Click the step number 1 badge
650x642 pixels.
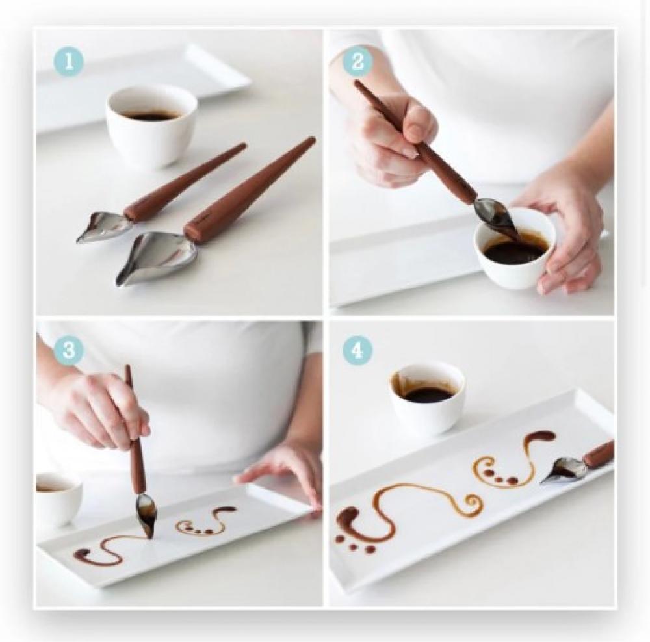(x=69, y=62)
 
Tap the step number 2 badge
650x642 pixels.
(x=357, y=62)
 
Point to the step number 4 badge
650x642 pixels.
(x=357, y=350)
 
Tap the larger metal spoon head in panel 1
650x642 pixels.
(x=156, y=258)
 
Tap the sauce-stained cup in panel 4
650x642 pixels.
(x=427, y=398)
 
